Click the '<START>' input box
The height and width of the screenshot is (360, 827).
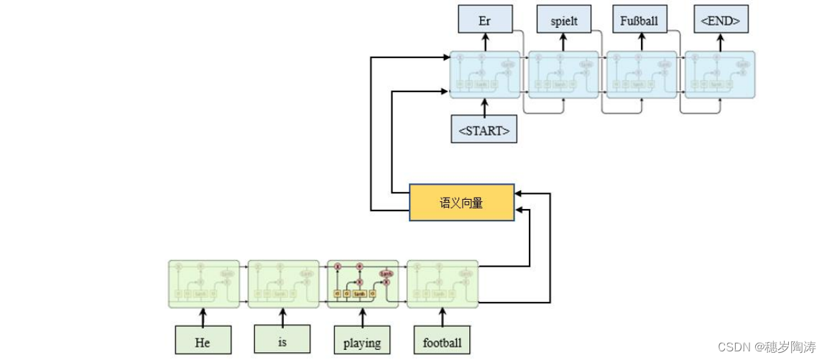(484, 130)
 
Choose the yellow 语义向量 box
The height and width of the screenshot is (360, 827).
(461, 203)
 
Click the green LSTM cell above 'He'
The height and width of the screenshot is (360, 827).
(204, 284)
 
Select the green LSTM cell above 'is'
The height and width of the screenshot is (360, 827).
(283, 284)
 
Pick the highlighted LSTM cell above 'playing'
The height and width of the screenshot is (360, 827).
(362, 284)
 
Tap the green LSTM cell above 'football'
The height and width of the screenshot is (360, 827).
(442, 284)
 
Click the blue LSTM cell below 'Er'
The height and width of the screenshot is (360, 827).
(485, 75)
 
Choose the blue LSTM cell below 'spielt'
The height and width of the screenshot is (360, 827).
(563, 75)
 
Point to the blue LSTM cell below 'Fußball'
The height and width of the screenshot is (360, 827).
(642, 75)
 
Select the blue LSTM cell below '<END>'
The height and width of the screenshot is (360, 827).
(719, 75)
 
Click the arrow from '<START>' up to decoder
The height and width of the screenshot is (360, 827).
(484, 109)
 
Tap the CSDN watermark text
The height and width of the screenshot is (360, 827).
(767, 347)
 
